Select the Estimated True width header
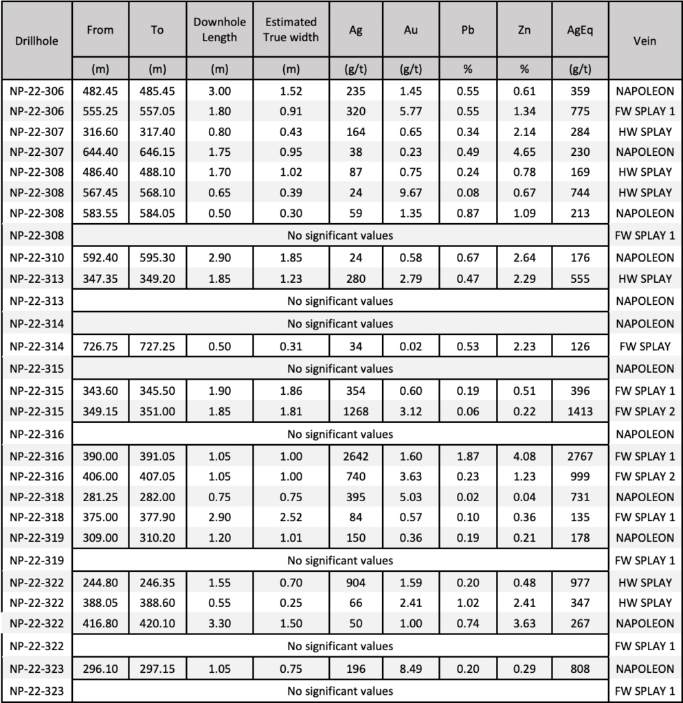pos(291,30)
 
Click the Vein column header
pos(646,41)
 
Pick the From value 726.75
pos(100,346)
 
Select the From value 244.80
pos(100,583)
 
